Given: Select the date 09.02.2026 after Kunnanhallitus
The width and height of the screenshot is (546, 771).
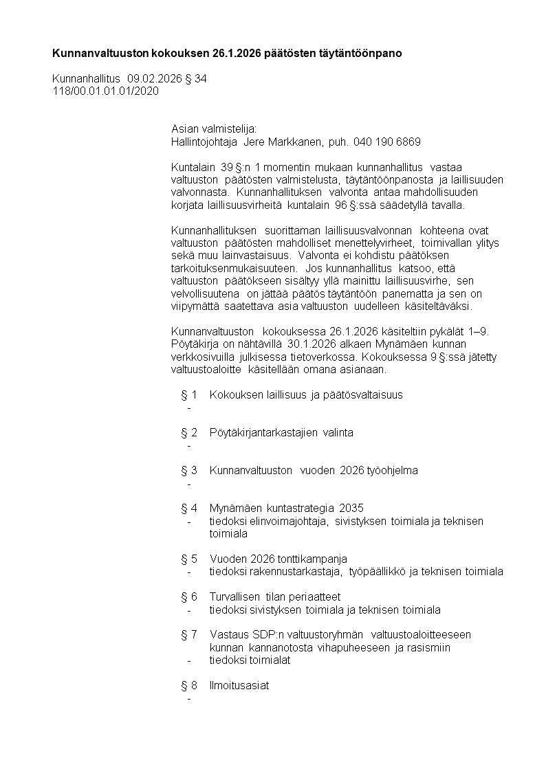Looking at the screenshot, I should pos(155,79).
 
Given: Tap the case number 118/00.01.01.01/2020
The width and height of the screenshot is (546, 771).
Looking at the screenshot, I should pos(106,91).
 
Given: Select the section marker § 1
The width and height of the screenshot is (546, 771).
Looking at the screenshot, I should pos(189,395).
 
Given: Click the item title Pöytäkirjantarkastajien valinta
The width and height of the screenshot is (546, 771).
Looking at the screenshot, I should pos(281,433).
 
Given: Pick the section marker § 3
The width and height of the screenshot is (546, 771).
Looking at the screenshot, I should pos(189,471).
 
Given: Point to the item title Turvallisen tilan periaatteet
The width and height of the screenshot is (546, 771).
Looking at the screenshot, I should pos(275,596).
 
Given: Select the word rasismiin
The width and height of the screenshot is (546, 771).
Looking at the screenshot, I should pos(427,647).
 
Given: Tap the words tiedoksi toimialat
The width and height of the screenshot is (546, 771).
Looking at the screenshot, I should pos(250,660).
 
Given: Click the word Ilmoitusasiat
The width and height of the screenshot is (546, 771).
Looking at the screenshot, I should pos(239,685).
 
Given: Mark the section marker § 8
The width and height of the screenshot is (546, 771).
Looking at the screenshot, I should pos(189,685).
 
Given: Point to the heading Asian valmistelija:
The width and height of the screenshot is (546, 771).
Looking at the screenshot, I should pos(213,129).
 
